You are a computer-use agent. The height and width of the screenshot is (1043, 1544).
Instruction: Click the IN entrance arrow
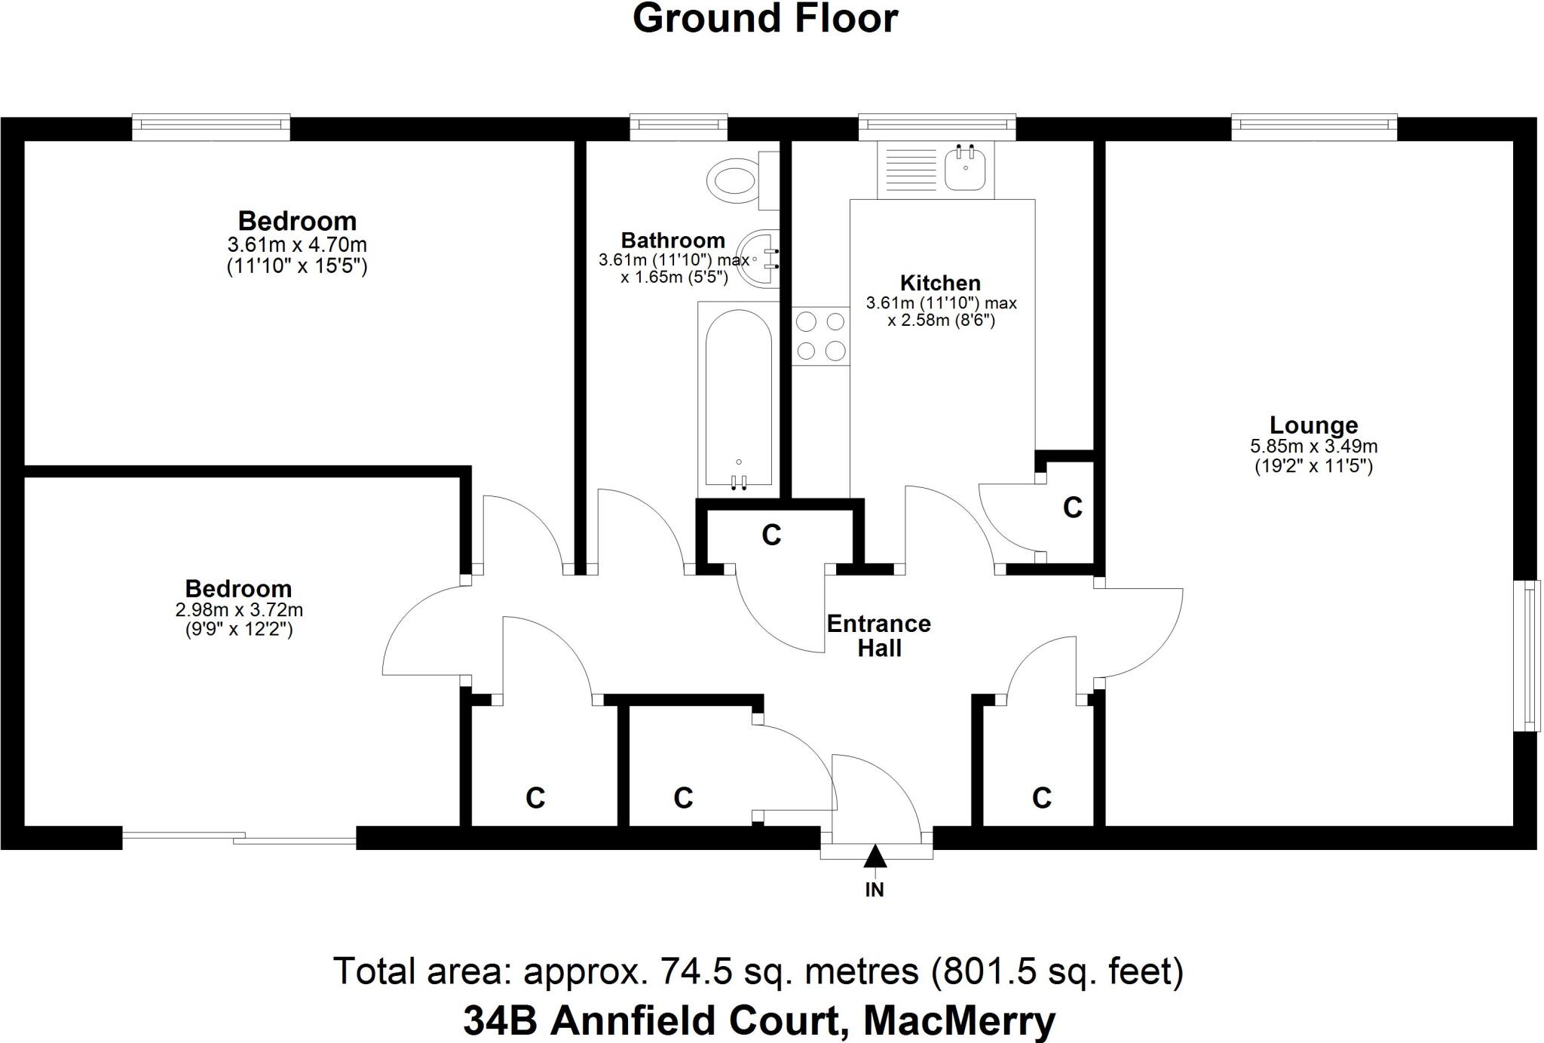[875, 857]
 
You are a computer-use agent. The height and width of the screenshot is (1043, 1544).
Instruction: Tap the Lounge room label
[1313, 425]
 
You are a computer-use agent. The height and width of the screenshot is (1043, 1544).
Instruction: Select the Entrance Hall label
[878, 636]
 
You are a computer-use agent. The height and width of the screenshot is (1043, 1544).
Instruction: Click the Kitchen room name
[940, 283]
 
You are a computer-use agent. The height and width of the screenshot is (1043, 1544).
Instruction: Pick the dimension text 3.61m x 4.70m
[297, 244]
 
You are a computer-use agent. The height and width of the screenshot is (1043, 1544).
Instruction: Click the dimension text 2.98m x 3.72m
[239, 609]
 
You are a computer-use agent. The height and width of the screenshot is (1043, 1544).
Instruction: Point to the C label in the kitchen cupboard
[1072, 508]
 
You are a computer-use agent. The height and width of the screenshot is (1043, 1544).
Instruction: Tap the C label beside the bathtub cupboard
[770, 535]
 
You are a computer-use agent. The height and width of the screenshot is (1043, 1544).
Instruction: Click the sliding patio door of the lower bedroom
[239, 836]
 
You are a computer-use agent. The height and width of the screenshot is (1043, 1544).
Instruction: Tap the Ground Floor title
[765, 19]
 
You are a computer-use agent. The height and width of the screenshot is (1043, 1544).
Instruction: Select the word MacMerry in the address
[959, 1021]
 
